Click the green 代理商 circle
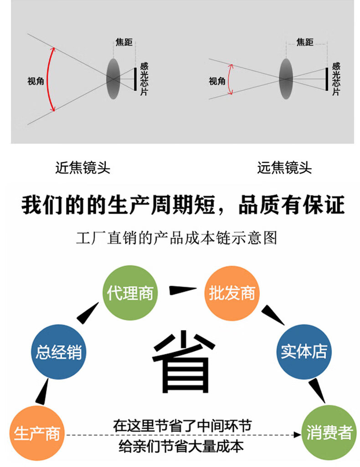130,293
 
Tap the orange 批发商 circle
231,293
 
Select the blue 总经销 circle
59,352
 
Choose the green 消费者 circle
329,432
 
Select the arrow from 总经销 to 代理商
89,313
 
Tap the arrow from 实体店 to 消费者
317,390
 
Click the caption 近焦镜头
82,168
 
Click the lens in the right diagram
285,78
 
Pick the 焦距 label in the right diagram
305,42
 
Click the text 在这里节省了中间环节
182,426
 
